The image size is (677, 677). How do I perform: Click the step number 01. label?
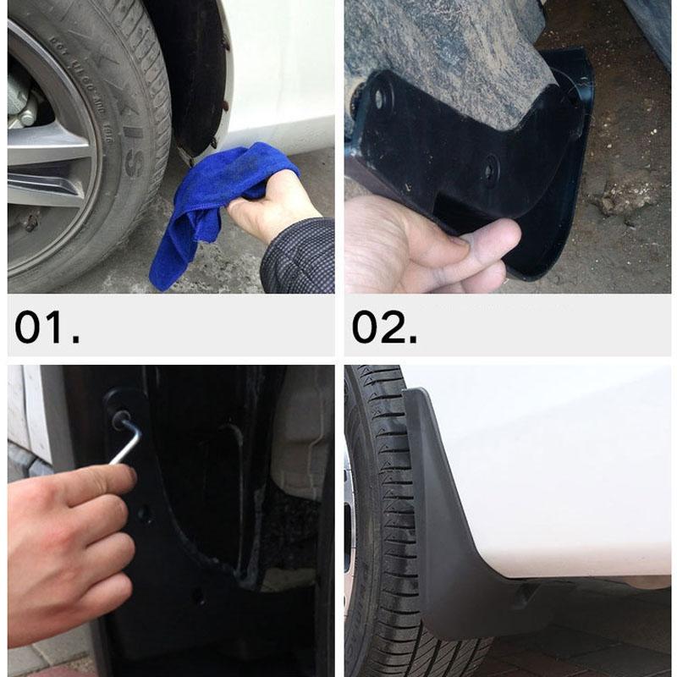click(x=47, y=327)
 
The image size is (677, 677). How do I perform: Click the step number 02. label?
click(x=384, y=327)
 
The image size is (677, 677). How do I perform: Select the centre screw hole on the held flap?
click(x=492, y=173)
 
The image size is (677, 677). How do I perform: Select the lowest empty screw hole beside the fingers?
click(x=197, y=595)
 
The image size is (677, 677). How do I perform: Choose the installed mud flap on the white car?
click(x=449, y=525)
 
